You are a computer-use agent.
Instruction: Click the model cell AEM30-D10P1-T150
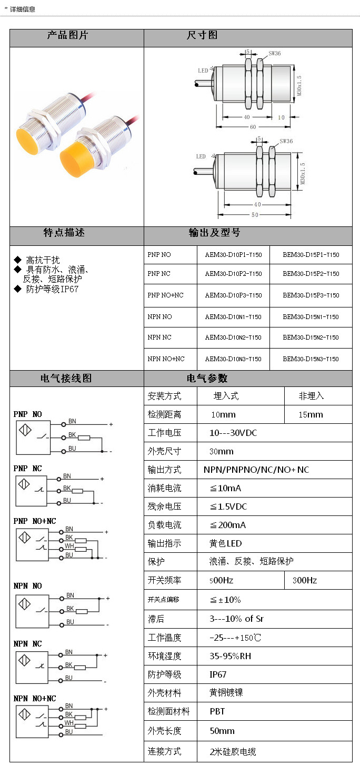(233, 255)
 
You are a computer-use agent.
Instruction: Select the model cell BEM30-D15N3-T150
(311, 359)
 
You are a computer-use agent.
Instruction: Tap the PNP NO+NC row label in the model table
(166, 295)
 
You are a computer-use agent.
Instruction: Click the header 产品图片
(68, 35)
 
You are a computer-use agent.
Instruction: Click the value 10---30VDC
(233, 433)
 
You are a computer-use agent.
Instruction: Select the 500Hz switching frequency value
(222, 580)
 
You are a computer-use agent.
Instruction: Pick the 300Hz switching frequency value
(305, 580)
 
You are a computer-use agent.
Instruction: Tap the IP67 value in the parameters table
(218, 674)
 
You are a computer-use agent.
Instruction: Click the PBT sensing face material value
(217, 711)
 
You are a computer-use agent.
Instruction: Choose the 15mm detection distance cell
(311, 414)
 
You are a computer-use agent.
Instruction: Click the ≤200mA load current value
(228, 525)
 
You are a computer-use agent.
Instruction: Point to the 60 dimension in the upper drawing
(253, 127)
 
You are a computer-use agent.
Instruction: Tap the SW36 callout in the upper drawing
(275, 53)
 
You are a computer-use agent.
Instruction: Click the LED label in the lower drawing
(201, 156)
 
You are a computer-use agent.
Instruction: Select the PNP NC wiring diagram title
(27, 469)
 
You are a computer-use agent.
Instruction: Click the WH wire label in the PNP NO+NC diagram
(69, 547)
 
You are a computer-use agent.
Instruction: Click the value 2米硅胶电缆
(233, 752)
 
